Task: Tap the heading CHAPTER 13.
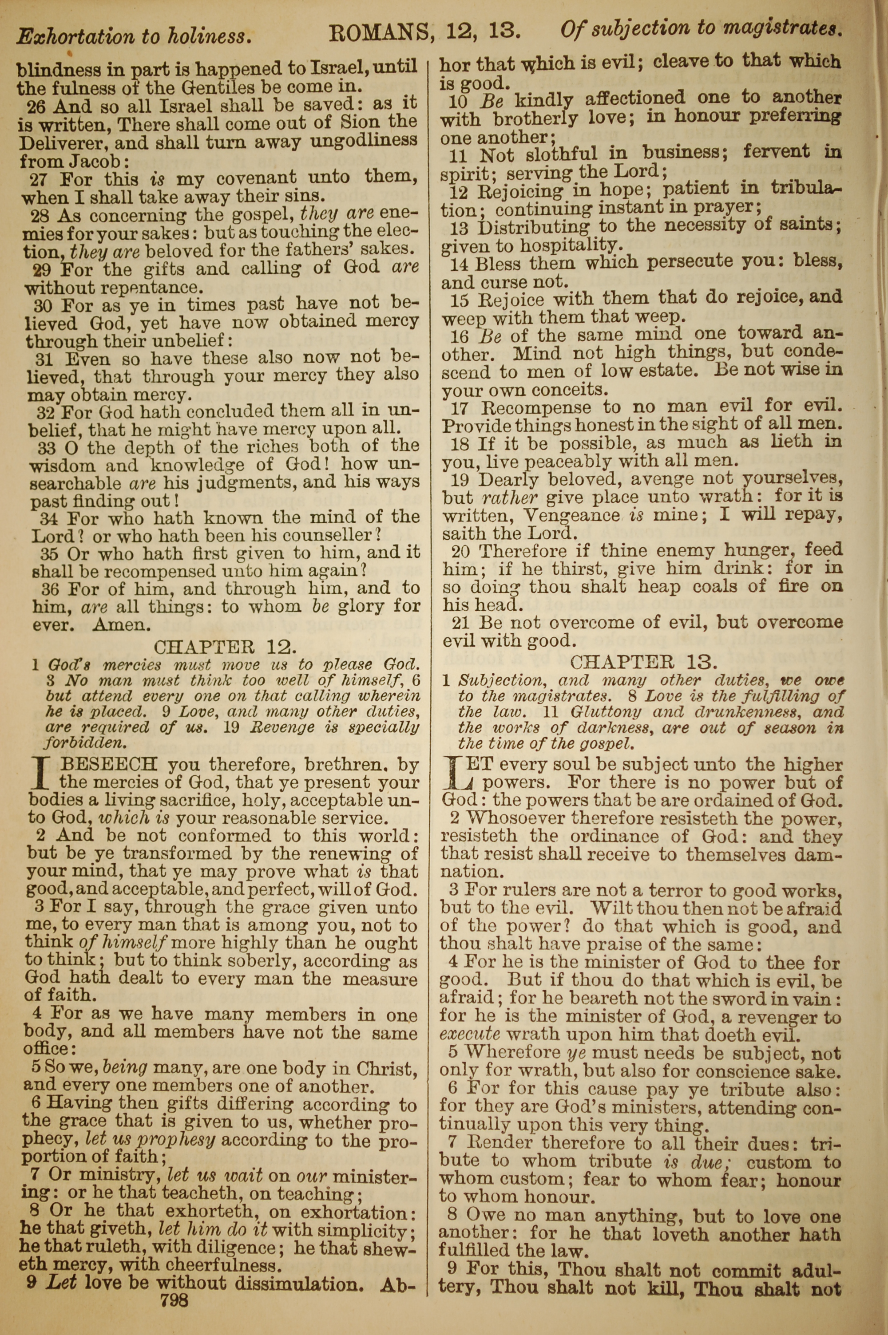click(x=644, y=661)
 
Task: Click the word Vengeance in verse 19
click(x=571, y=515)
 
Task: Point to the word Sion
click(x=362, y=122)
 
